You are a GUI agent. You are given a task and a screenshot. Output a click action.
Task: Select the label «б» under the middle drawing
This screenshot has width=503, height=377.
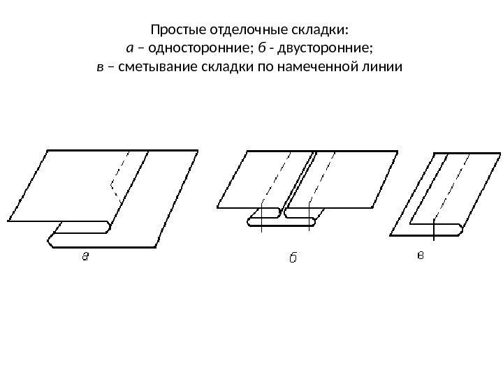293,258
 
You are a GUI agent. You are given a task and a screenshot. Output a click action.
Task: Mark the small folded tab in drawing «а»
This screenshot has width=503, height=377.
82,227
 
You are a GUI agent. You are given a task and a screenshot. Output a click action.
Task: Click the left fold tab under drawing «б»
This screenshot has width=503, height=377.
264,223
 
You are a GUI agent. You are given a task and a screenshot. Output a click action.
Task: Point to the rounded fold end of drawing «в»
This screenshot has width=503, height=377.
454,229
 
